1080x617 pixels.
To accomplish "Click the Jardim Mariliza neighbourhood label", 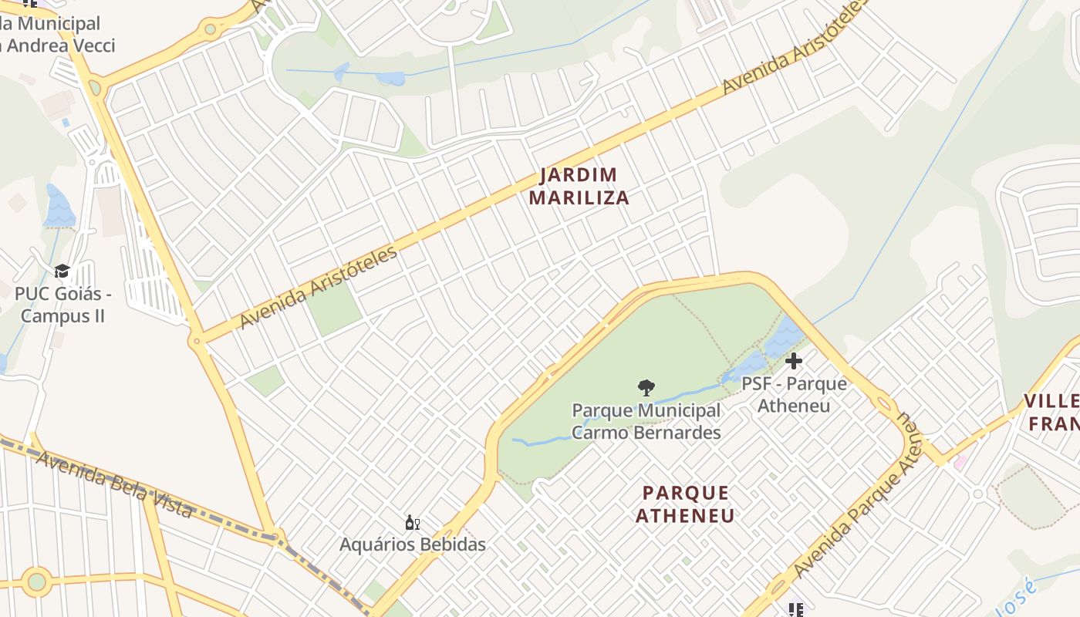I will tap(579, 186).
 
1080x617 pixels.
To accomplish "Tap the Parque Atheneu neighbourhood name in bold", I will tap(685, 504).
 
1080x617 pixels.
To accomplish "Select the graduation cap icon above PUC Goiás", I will tap(62, 271).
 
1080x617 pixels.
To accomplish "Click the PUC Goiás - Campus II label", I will tap(62, 305).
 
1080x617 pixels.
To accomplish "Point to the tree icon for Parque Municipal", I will tap(646, 387).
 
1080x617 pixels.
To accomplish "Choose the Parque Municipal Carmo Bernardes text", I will tap(646, 421).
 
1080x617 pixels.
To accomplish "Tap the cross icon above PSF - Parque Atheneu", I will tap(793, 360).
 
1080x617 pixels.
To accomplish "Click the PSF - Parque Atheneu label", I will tap(794, 394).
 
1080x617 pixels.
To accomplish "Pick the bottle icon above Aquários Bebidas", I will tap(413, 523).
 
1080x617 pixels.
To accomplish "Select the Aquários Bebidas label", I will tap(413, 545).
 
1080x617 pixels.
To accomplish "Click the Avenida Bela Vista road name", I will tap(114, 484).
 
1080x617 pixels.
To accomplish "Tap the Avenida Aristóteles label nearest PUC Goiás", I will tap(319, 287).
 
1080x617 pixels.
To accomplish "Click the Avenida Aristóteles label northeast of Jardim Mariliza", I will tap(795, 48).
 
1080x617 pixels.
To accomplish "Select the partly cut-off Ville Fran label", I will tap(1053, 412).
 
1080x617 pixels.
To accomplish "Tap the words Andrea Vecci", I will tap(59, 46).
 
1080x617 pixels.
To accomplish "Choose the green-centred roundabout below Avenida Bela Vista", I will tap(36, 582).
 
